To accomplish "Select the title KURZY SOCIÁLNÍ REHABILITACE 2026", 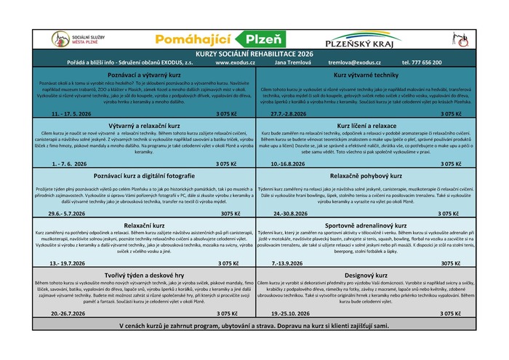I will tap(254, 55).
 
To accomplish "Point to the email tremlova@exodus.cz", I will tap(353, 63).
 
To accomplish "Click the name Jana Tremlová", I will tap(289, 63).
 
